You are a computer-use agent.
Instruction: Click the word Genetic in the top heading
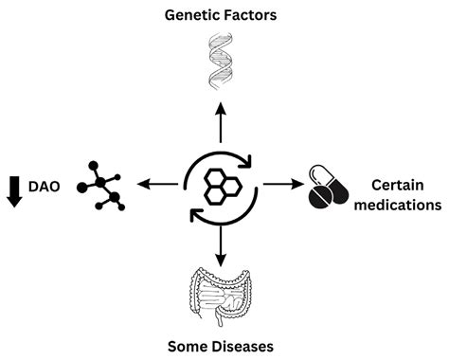[x=190, y=14]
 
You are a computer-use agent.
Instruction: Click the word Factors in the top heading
[x=249, y=14]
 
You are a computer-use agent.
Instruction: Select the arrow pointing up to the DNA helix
[x=221, y=117]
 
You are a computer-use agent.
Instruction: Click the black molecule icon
[x=105, y=184]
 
